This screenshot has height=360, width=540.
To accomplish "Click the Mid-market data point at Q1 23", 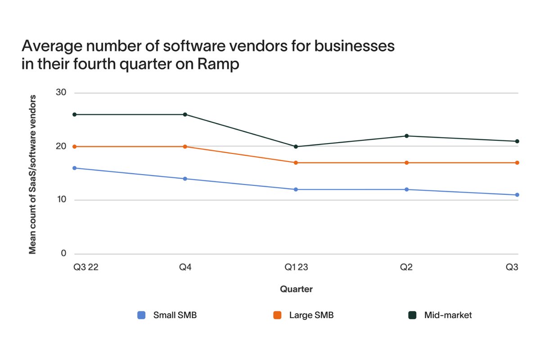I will pos(296,147).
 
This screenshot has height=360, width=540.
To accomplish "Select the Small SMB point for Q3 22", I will pos(74,168).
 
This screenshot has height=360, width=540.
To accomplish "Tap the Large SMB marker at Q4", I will pos(185,147).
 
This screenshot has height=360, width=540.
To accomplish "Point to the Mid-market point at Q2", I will pos(407,136).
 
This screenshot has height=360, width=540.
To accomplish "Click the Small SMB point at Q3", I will pos(517,195).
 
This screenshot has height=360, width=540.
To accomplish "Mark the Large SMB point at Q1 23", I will pos(296,162).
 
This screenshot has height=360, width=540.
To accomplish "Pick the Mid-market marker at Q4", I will pos(185,114).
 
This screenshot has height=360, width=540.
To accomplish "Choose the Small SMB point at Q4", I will pos(185,179).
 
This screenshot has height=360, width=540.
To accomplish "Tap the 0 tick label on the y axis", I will pos(63,254).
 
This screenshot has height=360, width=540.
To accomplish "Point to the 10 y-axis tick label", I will pos(61,200).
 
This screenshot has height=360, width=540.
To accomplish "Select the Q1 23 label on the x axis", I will pos(296,267).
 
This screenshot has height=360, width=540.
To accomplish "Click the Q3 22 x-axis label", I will pos(86,267).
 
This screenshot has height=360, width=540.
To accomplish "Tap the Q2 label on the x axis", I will pos(407,267).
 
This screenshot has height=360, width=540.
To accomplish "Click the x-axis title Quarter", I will pos(296,289).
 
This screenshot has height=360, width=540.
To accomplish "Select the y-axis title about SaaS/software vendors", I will pos(32,174).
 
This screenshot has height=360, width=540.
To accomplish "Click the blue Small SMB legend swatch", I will pos(141,315).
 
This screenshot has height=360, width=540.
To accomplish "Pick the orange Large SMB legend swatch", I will pos(278,315).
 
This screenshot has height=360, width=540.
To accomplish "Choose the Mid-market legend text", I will pos(448,315).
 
